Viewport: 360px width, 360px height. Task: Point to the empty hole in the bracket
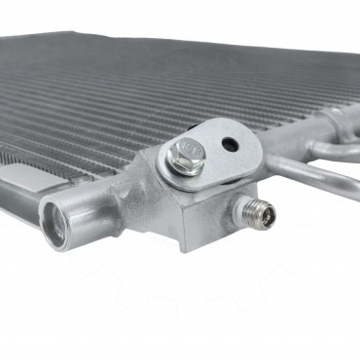tap(229, 144)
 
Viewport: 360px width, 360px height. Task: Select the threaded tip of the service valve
tap(262, 211)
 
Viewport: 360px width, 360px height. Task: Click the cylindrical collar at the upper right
tap(336, 122)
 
